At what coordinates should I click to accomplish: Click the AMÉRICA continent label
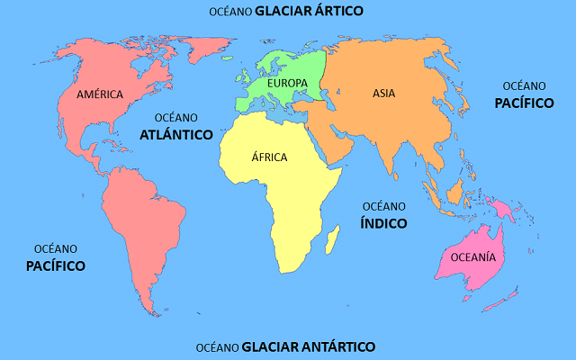[x=99, y=94]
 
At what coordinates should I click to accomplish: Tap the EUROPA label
[x=288, y=84]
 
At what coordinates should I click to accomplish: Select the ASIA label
[x=384, y=93]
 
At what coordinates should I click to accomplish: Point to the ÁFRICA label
[x=268, y=157]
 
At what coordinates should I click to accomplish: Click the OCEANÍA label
[x=472, y=256]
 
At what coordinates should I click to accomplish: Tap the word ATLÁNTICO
[x=176, y=134]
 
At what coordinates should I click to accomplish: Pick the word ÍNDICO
[x=384, y=222]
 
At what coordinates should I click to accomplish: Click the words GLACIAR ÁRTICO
[x=309, y=12]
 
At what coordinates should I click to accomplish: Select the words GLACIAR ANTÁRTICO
[x=309, y=346]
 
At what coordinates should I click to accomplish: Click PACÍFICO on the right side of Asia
[x=524, y=103]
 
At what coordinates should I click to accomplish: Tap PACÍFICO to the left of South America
[x=55, y=265]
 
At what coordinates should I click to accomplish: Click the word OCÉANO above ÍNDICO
[x=384, y=205]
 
